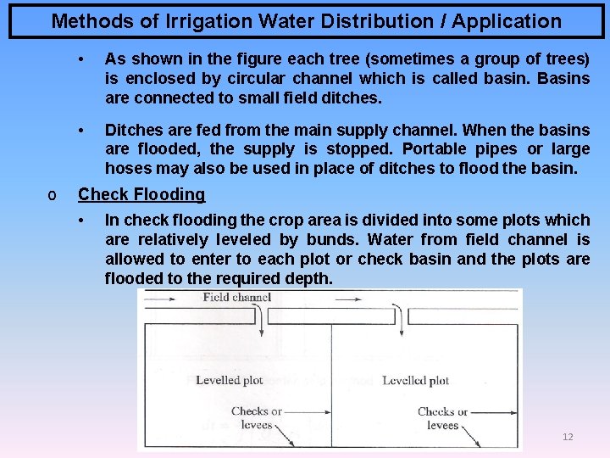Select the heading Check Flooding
141,194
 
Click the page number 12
568,437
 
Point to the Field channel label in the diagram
236,297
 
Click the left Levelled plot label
230,380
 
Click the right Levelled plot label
416,380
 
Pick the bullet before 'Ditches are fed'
81,131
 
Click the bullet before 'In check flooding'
81,221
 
